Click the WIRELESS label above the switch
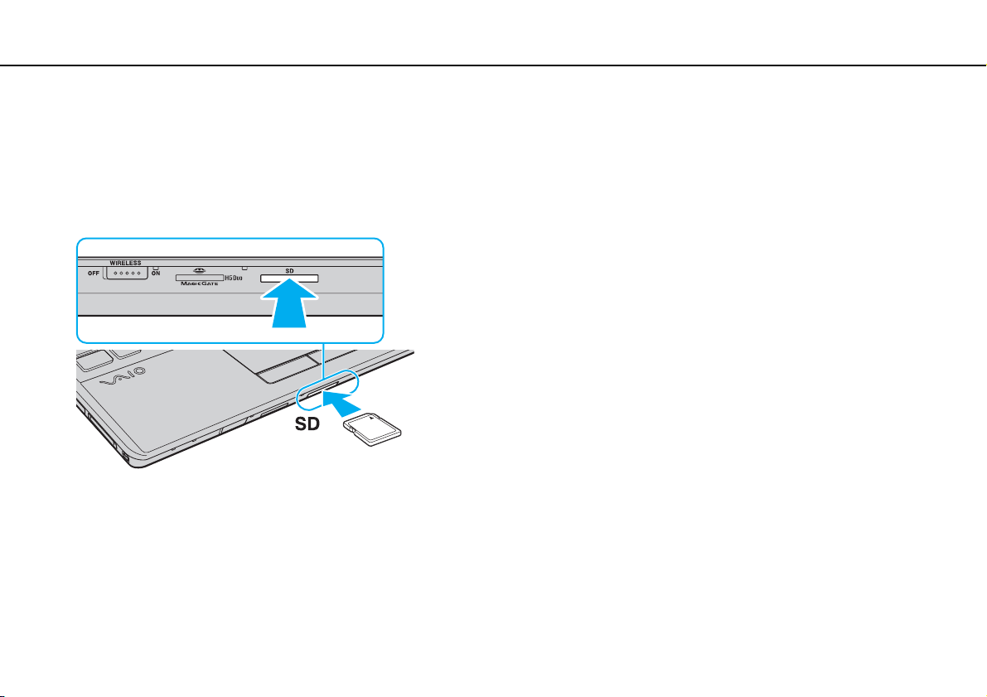tap(125, 264)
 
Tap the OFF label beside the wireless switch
tap(93, 273)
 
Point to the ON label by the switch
tap(156, 273)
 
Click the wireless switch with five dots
tap(127, 273)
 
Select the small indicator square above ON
tap(156, 268)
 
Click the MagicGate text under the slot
tap(200, 284)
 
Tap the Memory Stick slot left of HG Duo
tap(200, 277)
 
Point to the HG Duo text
tap(234, 278)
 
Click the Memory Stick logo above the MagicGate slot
tap(200, 271)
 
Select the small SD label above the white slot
tap(289, 271)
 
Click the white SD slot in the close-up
tap(289, 278)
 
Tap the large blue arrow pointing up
tap(289, 303)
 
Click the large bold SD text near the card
tap(307, 424)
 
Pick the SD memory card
tap(372, 428)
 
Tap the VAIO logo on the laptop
tap(123, 377)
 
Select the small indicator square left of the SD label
tap(244, 268)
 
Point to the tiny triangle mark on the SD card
tap(372, 417)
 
